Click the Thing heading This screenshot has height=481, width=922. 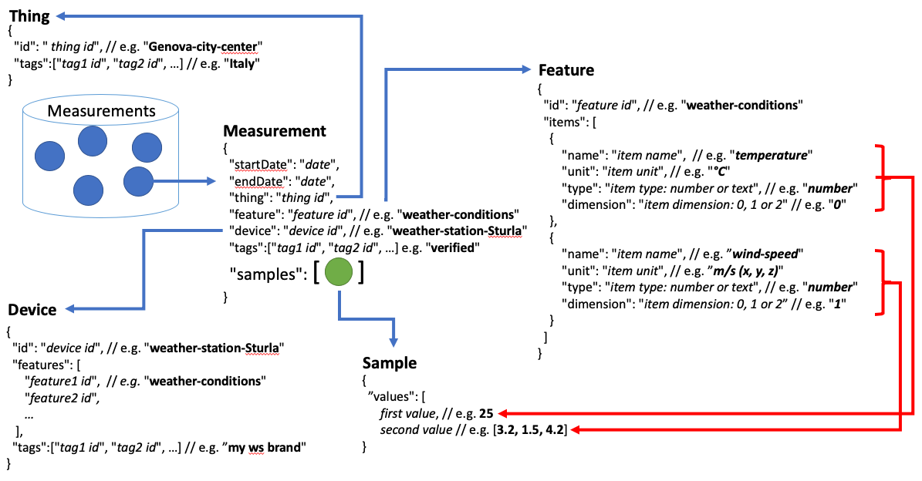pos(29,16)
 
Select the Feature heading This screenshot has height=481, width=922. pos(566,70)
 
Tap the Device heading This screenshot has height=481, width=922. pos(32,310)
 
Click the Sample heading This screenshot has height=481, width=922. pos(390,363)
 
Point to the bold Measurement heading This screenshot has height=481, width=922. pos(275,131)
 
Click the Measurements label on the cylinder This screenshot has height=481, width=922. pos(101,111)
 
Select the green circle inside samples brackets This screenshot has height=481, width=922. pos(339,274)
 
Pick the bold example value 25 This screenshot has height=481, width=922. pos(486,414)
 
